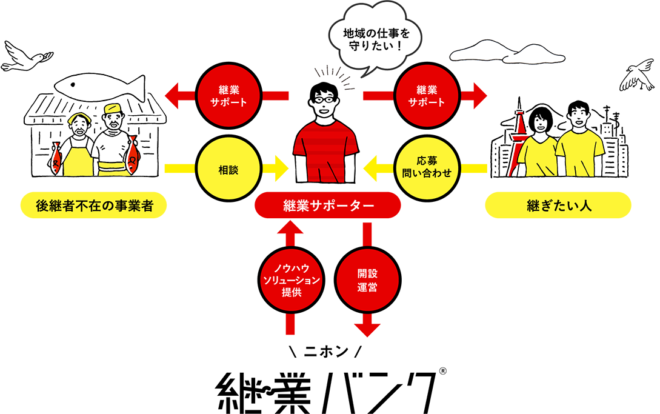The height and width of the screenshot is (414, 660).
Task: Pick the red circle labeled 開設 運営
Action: tap(367, 280)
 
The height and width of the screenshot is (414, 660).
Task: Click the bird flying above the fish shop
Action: tap(25, 56)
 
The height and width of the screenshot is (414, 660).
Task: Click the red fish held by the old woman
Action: tap(56, 159)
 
